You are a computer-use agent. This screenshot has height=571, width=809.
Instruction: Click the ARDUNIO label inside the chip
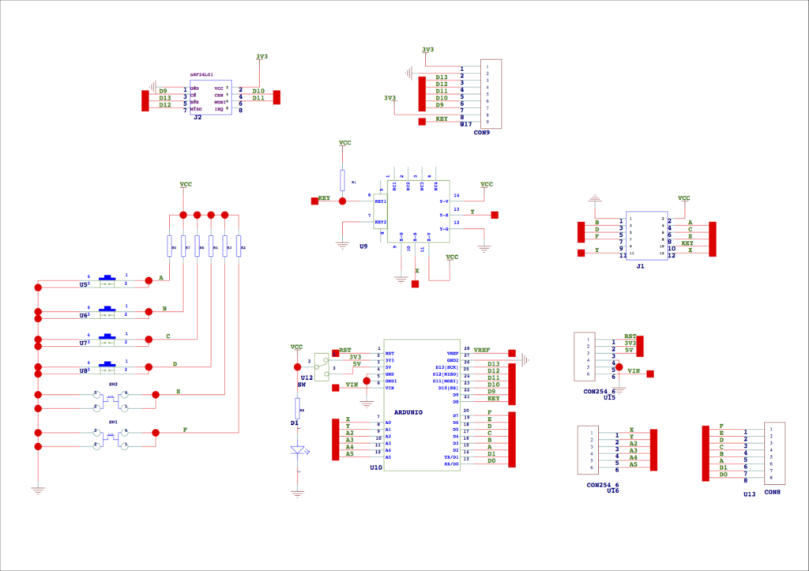[408, 412]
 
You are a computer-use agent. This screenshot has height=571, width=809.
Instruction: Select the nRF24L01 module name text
[201, 74]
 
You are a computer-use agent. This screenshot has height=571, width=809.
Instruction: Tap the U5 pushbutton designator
[84, 284]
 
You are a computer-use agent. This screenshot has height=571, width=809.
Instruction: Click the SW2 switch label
[113, 384]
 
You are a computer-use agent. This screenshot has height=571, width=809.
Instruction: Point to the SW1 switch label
[113, 423]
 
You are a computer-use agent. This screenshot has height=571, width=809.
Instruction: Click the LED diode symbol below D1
[298, 450]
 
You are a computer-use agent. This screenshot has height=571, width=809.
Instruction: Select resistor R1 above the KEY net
[342, 180]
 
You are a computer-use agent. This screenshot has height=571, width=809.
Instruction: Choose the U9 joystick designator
[363, 246]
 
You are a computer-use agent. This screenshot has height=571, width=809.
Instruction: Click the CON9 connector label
[481, 133]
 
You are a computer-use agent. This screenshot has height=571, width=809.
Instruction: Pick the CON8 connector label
[772, 492]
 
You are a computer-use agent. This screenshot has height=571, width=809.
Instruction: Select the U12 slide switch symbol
[320, 364]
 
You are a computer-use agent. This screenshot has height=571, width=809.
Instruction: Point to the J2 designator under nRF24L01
[197, 117]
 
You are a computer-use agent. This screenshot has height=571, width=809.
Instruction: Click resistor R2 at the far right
[239, 247]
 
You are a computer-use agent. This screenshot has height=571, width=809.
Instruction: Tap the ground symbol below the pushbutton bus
[37, 490]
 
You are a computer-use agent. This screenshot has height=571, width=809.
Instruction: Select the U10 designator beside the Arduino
[375, 468]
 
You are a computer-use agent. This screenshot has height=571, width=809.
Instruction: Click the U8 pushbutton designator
[84, 370]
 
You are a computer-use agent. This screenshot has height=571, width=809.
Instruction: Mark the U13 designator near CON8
[749, 494]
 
